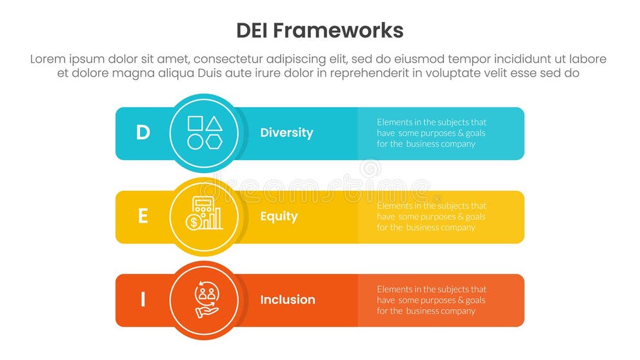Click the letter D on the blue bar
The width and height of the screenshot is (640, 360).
point(143,133)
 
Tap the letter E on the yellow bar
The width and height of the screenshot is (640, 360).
point(143,217)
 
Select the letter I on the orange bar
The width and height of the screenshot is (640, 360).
point(143,300)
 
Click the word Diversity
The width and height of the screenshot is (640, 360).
point(286,133)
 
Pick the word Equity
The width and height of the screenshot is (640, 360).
point(279,217)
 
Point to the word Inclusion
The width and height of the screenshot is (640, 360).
point(288,300)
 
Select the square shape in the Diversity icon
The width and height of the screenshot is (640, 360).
point(195,123)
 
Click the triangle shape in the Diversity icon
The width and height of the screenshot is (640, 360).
point(214,123)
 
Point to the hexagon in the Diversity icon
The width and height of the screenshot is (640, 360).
point(214,141)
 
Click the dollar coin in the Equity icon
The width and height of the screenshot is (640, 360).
point(193,223)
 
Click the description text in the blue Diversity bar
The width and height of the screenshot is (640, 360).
point(432,133)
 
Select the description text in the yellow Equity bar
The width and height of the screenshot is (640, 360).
point(432,217)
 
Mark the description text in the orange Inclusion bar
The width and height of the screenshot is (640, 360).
point(432,300)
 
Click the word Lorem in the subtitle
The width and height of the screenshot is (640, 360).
point(48,59)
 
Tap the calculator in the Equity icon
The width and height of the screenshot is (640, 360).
point(203,207)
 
